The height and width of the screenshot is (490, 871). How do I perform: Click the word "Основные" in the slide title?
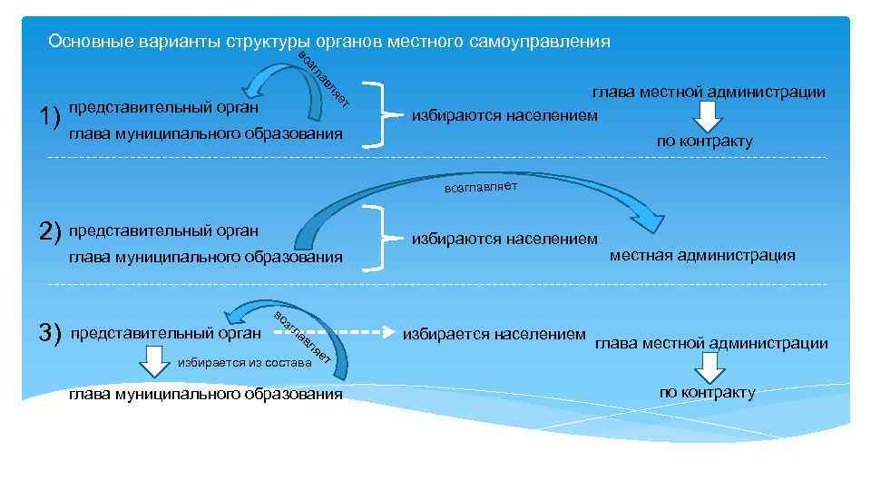(x=83, y=42)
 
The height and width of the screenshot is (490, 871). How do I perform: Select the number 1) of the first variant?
(x=50, y=117)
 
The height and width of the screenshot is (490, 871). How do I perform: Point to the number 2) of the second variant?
(x=50, y=232)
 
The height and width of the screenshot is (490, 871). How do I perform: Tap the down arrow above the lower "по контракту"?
(x=708, y=367)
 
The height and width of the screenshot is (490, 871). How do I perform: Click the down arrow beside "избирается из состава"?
(x=152, y=366)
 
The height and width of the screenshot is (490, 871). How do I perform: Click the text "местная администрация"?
(x=702, y=255)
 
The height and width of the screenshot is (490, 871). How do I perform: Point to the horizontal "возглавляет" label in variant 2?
(x=480, y=188)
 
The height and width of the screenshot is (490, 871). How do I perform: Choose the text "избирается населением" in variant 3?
(x=495, y=334)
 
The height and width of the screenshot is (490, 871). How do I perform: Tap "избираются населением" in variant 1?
(x=504, y=115)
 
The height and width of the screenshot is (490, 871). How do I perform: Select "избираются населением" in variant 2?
(x=504, y=240)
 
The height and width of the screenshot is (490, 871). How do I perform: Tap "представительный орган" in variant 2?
(x=163, y=230)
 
